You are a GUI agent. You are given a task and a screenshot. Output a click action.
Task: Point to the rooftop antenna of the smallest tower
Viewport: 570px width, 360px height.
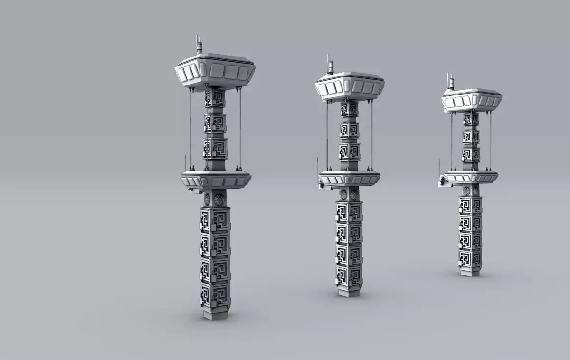(451, 82)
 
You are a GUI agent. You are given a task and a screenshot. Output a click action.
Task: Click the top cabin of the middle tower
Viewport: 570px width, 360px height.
(350, 86)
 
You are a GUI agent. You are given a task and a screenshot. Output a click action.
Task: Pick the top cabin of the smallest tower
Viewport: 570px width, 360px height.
(471, 100)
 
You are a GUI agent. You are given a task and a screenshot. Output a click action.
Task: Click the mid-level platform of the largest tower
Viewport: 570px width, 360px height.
(216, 180)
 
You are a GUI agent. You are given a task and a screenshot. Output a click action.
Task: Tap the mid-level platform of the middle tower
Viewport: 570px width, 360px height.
(350, 178)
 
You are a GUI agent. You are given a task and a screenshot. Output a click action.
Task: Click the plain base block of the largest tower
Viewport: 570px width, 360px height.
(215, 313)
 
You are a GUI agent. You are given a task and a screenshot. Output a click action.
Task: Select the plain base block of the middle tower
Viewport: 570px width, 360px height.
(349, 290)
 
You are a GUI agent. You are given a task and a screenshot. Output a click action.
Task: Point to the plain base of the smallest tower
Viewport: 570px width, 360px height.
(470, 272)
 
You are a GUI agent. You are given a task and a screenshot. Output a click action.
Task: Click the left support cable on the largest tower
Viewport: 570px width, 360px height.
(190, 128)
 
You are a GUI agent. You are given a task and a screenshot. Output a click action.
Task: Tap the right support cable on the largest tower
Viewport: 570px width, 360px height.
(240, 128)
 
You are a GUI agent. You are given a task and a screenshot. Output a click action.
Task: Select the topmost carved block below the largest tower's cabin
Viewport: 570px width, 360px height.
(215, 97)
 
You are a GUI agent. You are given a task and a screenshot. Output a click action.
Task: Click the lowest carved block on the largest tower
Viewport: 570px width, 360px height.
(215, 294)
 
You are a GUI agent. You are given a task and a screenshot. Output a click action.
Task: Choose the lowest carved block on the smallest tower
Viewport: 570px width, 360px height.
(470, 259)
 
